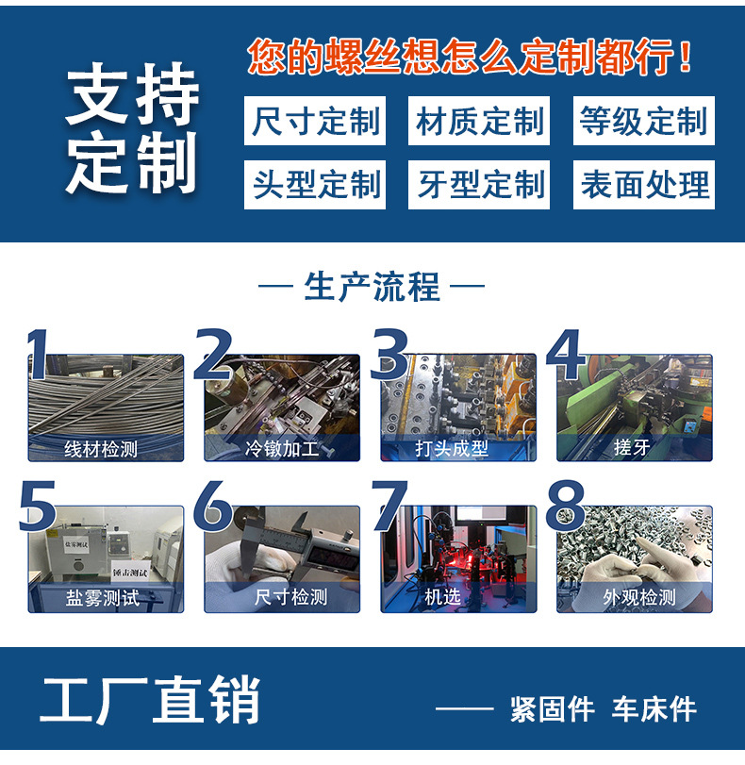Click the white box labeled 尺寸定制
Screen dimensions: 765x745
(x=315, y=122)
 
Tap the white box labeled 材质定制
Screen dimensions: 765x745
(x=480, y=122)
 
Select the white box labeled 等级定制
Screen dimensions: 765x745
(x=643, y=122)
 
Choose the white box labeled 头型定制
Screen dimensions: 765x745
(x=315, y=184)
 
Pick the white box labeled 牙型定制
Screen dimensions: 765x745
(x=480, y=184)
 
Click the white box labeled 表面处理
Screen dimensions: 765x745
(x=643, y=184)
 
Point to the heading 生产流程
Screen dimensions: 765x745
(x=372, y=287)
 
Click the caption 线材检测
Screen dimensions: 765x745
(x=100, y=449)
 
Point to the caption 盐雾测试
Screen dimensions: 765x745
(x=102, y=597)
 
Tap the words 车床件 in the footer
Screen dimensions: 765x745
(x=654, y=709)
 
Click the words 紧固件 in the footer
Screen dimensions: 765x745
(x=552, y=709)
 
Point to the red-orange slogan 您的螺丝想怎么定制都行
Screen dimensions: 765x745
(x=470, y=58)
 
